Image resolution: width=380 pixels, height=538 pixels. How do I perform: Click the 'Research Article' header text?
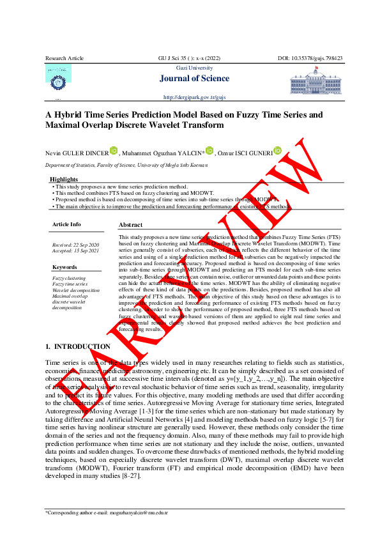click(65, 58)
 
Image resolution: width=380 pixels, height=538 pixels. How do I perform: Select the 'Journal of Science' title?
click(198, 79)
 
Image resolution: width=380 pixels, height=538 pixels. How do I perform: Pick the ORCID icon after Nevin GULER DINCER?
click(114, 151)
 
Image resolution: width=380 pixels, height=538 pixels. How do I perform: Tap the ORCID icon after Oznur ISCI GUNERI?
click(277, 151)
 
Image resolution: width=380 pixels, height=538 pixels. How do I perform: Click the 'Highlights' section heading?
click(64, 180)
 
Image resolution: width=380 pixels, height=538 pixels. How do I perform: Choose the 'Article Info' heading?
click(66, 224)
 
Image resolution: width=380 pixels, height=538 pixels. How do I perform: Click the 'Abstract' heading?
click(130, 225)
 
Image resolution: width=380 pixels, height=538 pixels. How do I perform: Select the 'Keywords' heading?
click(65, 267)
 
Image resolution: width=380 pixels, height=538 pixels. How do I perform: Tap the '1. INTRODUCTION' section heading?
click(78, 347)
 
